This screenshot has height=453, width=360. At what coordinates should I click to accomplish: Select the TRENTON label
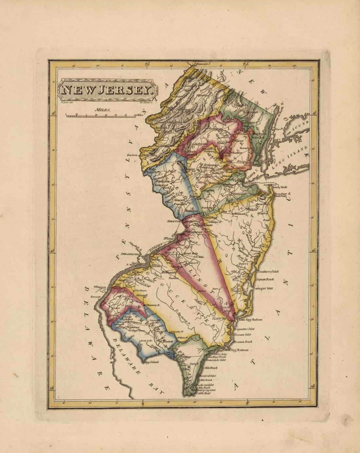(x=174, y=222)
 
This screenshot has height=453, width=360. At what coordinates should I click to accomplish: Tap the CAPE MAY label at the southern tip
(x=204, y=393)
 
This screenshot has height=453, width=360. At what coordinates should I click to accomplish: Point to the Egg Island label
(x=152, y=362)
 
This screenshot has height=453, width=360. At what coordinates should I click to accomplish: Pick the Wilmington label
(x=100, y=287)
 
